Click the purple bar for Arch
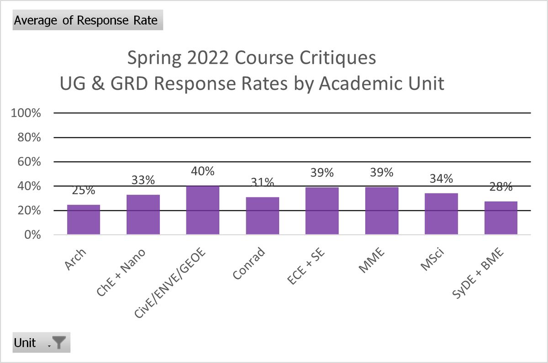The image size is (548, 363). click(x=84, y=220)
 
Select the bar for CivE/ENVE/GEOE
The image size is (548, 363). click(x=203, y=210)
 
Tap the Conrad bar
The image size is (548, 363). click(x=263, y=216)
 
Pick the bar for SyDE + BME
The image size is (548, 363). click(x=501, y=218)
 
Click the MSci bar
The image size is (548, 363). click(x=441, y=214)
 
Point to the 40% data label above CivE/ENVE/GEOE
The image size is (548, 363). click(x=203, y=171)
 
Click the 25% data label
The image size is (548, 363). click(x=84, y=190)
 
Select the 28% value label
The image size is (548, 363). click(x=501, y=187)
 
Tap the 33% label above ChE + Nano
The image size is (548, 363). click(x=143, y=180)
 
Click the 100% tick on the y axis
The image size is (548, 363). click(x=26, y=113)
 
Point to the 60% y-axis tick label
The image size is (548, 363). click(x=29, y=162)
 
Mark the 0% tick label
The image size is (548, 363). click(x=32, y=235)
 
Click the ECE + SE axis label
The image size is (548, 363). click(x=306, y=266)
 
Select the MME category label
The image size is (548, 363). click(x=372, y=260)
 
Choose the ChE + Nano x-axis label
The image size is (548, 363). click(x=121, y=273)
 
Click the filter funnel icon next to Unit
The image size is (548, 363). click(x=59, y=342)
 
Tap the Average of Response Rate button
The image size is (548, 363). click(x=88, y=20)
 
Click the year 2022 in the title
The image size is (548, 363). click(x=208, y=58)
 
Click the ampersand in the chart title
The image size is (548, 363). click(x=98, y=83)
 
